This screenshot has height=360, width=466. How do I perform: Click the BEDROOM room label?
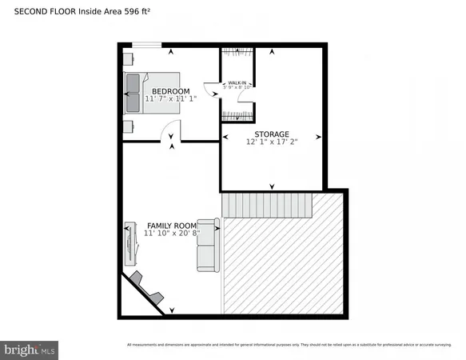click(x=170, y=92)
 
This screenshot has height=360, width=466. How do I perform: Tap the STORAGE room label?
click(x=272, y=134)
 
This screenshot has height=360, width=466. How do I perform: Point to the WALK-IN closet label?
click(x=237, y=82)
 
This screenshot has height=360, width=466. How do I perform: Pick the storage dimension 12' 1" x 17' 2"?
click(x=272, y=142)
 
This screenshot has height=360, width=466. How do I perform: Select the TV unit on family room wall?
click(x=129, y=244)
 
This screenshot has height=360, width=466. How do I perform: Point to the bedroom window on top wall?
click(x=146, y=46)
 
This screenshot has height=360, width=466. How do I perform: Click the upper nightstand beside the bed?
click(x=128, y=58)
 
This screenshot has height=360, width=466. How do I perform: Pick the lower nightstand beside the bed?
click(x=128, y=126)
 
